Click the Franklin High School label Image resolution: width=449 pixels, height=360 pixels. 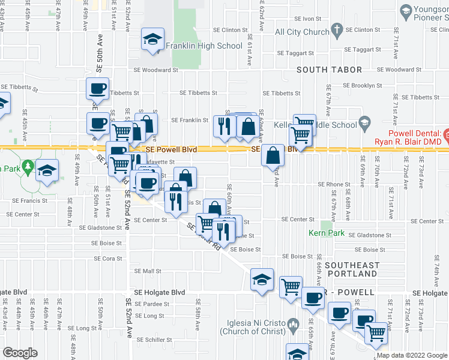204,46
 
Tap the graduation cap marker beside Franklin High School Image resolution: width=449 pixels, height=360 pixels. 152,40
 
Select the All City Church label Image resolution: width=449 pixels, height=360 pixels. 302,32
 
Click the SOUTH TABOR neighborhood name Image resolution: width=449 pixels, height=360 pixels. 330,70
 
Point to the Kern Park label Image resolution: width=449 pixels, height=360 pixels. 327,233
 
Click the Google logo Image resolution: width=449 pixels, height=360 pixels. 20,353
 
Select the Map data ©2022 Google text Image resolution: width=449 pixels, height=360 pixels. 412,355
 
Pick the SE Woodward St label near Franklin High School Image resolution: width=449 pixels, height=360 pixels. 158,70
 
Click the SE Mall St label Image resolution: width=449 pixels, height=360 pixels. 147,271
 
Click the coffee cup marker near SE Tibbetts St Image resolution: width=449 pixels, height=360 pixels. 97,89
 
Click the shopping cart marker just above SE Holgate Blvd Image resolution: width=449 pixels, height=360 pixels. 291,286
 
